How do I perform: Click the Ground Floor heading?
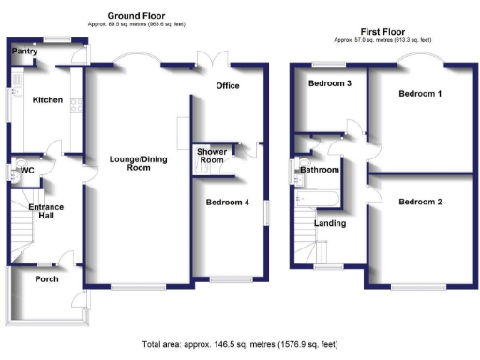(x=139, y=16)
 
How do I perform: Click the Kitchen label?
(x=48, y=99)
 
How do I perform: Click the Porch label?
(x=46, y=278)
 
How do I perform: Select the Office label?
(x=228, y=86)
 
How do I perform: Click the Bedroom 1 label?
(x=420, y=94)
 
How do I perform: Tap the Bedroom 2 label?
(x=419, y=202)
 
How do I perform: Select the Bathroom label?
(x=320, y=170)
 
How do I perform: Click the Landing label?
(x=329, y=223)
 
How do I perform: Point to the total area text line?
(x=240, y=344)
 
